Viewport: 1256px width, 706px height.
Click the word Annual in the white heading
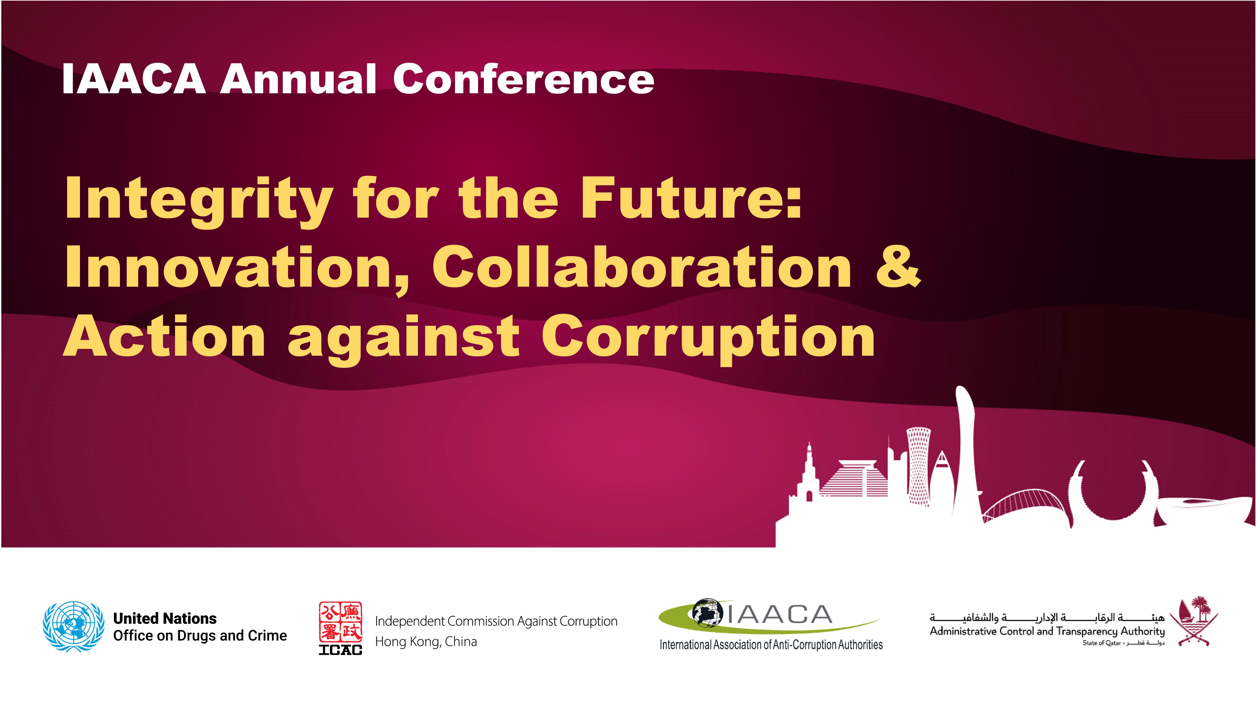coord(298,79)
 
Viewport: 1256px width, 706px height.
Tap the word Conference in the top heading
coord(524,79)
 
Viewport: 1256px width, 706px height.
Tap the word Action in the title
coord(164,336)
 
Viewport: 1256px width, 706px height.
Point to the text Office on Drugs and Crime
coord(200,636)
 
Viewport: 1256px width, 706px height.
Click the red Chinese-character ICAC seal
coord(340,622)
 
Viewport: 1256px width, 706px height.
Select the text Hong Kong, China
coord(426,642)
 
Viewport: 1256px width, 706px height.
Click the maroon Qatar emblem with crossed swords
coord(1193,621)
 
